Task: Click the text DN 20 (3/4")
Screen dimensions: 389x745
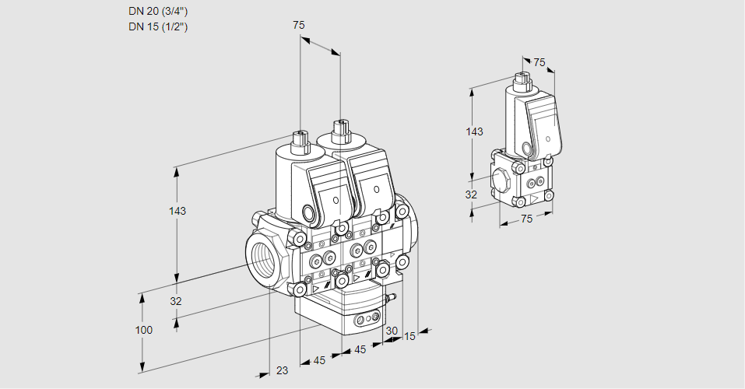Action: pos(159,11)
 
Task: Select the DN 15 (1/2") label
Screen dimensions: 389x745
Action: pos(159,26)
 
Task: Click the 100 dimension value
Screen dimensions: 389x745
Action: pos(143,330)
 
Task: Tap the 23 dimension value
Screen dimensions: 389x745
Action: pos(282,370)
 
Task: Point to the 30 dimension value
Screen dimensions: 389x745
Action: pos(392,331)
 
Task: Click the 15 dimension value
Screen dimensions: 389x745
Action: pos(409,336)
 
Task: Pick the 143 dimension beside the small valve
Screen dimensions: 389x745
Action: pos(474,131)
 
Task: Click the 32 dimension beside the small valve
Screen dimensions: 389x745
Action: pos(471,194)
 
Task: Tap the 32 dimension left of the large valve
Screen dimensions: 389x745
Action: pos(176,301)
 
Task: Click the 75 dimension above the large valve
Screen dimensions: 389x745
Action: pos(299,26)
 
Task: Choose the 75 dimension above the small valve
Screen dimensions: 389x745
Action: pos(539,63)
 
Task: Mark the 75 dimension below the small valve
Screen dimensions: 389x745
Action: pos(526,219)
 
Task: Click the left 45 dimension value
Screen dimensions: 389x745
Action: pos(319,360)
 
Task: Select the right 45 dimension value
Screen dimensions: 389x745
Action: pos(360,350)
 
